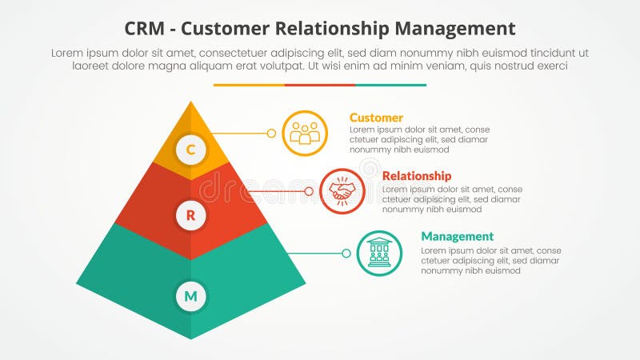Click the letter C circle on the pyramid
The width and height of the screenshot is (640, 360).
point(190,149)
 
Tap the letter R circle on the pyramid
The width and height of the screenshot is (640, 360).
point(190,214)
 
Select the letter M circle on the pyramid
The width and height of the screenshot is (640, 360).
point(190,297)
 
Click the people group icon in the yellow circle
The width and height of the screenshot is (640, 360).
point(305,133)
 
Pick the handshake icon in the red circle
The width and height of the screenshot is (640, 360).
point(342,191)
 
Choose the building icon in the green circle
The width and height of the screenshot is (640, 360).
point(379,253)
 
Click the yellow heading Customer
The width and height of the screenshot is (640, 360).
point(376,118)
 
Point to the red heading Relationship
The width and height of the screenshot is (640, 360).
point(417,175)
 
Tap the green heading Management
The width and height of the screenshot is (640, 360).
point(457,236)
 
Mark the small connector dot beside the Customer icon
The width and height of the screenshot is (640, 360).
point(271,133)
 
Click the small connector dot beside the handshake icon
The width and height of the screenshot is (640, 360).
point(309,191)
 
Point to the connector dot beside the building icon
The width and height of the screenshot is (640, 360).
point(346,253)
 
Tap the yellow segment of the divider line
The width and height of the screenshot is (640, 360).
point(249,85)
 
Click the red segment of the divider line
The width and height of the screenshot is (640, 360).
point(320,85)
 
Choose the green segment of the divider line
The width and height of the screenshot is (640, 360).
point(390,85)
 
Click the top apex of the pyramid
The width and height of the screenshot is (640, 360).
point(190,103)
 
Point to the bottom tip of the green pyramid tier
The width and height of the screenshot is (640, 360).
point(190,337)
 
